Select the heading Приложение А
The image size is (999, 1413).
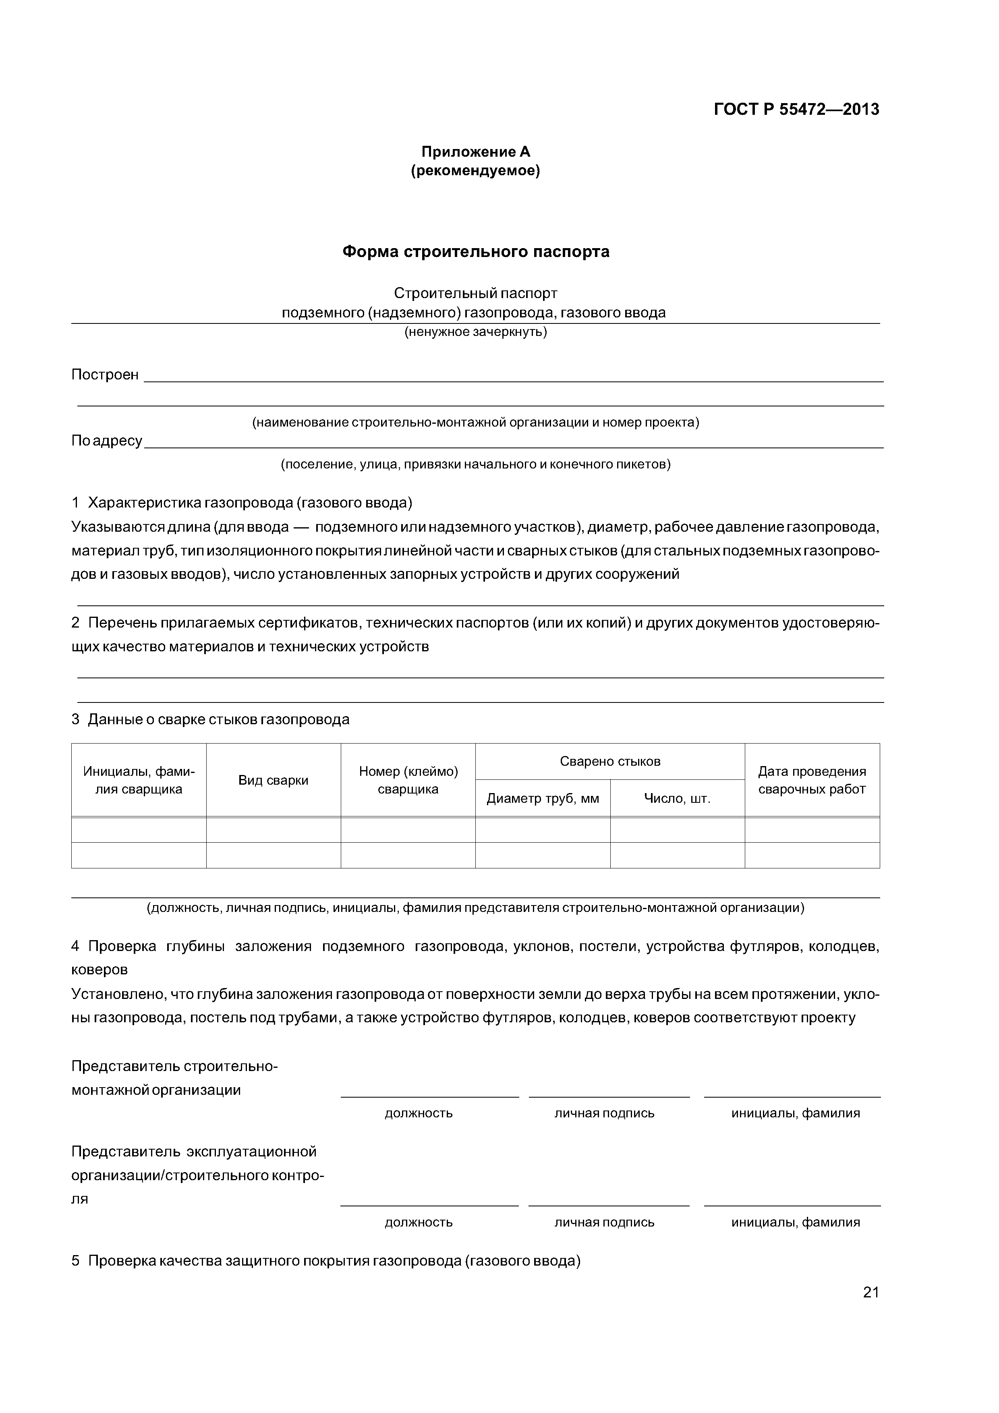coord(475,151)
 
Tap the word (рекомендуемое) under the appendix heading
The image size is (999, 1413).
coord(475,170)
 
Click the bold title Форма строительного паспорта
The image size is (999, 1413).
coord(475,252)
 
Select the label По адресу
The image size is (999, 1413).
coord(106,441)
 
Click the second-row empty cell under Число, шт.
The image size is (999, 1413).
coord(677,856)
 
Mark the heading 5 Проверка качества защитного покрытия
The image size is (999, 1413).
coord(326,1261)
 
